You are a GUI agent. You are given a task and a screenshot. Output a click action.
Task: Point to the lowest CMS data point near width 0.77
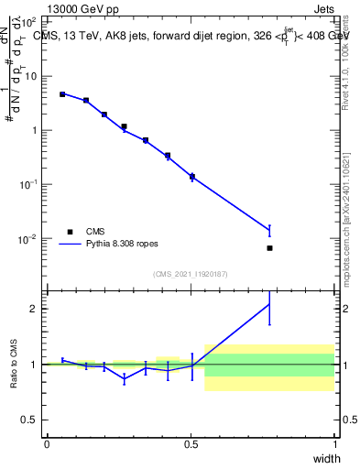(x=269, y=248)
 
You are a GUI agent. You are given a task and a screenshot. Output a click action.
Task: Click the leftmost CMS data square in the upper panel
(x=62, y=94)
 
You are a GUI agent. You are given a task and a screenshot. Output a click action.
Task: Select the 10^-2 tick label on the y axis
(x=29, y=239)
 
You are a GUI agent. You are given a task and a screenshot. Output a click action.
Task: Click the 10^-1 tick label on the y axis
(x=29, y=184)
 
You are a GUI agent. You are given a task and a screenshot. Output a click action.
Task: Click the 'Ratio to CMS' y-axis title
(x=15, y=364)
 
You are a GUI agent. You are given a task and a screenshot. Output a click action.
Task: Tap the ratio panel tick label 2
(x=37, y=309)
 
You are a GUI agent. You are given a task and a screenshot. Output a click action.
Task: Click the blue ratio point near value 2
(x=269, y=304)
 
